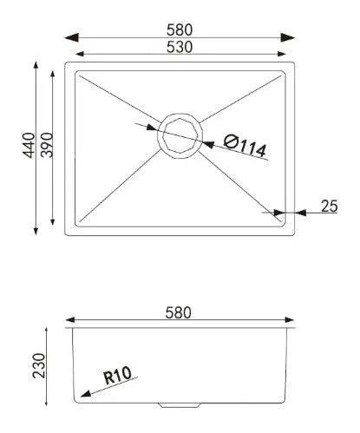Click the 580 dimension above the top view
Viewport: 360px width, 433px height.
pyautogui.click(x=180, y=30)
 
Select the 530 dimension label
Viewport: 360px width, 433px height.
pyautogui.click(x=180, y=47)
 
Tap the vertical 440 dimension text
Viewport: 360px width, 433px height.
pyautogui.click(x=29, y=145)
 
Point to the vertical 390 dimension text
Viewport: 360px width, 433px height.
pyautogui.click(x=47, y=145)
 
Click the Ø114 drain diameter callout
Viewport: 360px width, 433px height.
pyautogui.click(x=245, y=147)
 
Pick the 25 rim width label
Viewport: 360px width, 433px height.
pyautogui.click(x=329, y=207)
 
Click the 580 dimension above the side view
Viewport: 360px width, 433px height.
pyautogui.click(x=178, y=312)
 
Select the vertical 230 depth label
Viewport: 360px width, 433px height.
pyautogui.click(x=39, y=365)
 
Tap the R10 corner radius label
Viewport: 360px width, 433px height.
pyautogui.click(x=117, y=375)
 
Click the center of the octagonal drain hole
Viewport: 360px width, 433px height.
pyautogui.click(x=180, y=135)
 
